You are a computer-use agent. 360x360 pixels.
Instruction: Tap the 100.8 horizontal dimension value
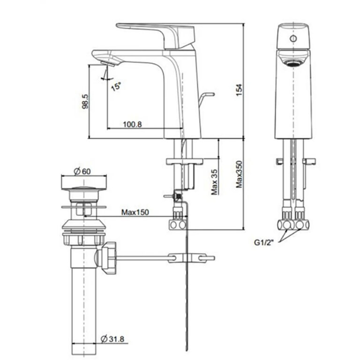click(132, 124)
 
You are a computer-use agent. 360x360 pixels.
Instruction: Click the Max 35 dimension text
click(214, 182)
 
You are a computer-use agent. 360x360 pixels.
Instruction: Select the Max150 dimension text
click(135, 212)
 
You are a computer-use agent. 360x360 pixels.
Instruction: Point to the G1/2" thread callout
click(263, 242)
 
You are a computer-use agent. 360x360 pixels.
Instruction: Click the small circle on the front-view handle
click(293, 38)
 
